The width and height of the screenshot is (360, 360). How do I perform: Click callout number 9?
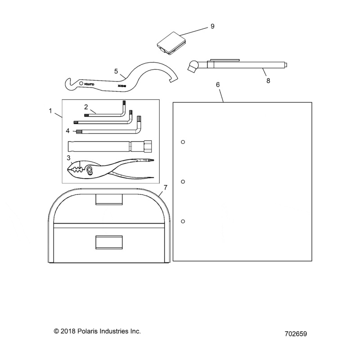(x=212, y=27)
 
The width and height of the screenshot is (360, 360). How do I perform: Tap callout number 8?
(x=268, y=81)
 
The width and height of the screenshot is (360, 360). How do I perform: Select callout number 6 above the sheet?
(x=218, y=85)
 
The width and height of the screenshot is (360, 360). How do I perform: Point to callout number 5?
(x=116, y=71)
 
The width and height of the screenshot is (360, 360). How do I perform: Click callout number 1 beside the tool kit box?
(x=51, y=110)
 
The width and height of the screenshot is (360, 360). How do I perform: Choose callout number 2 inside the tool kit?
(x=85, y=107)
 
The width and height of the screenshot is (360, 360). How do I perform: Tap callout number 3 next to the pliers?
(x=69, y=157)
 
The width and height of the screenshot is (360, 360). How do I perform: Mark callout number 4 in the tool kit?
(x=67, y=131)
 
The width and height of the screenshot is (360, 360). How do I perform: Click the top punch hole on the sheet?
(x=183, y=142)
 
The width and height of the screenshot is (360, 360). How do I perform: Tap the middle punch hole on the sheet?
(x=183, y=182)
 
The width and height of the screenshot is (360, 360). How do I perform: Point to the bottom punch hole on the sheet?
(x=183, y=221)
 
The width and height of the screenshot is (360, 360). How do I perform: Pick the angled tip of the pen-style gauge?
(x=193, y=67)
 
